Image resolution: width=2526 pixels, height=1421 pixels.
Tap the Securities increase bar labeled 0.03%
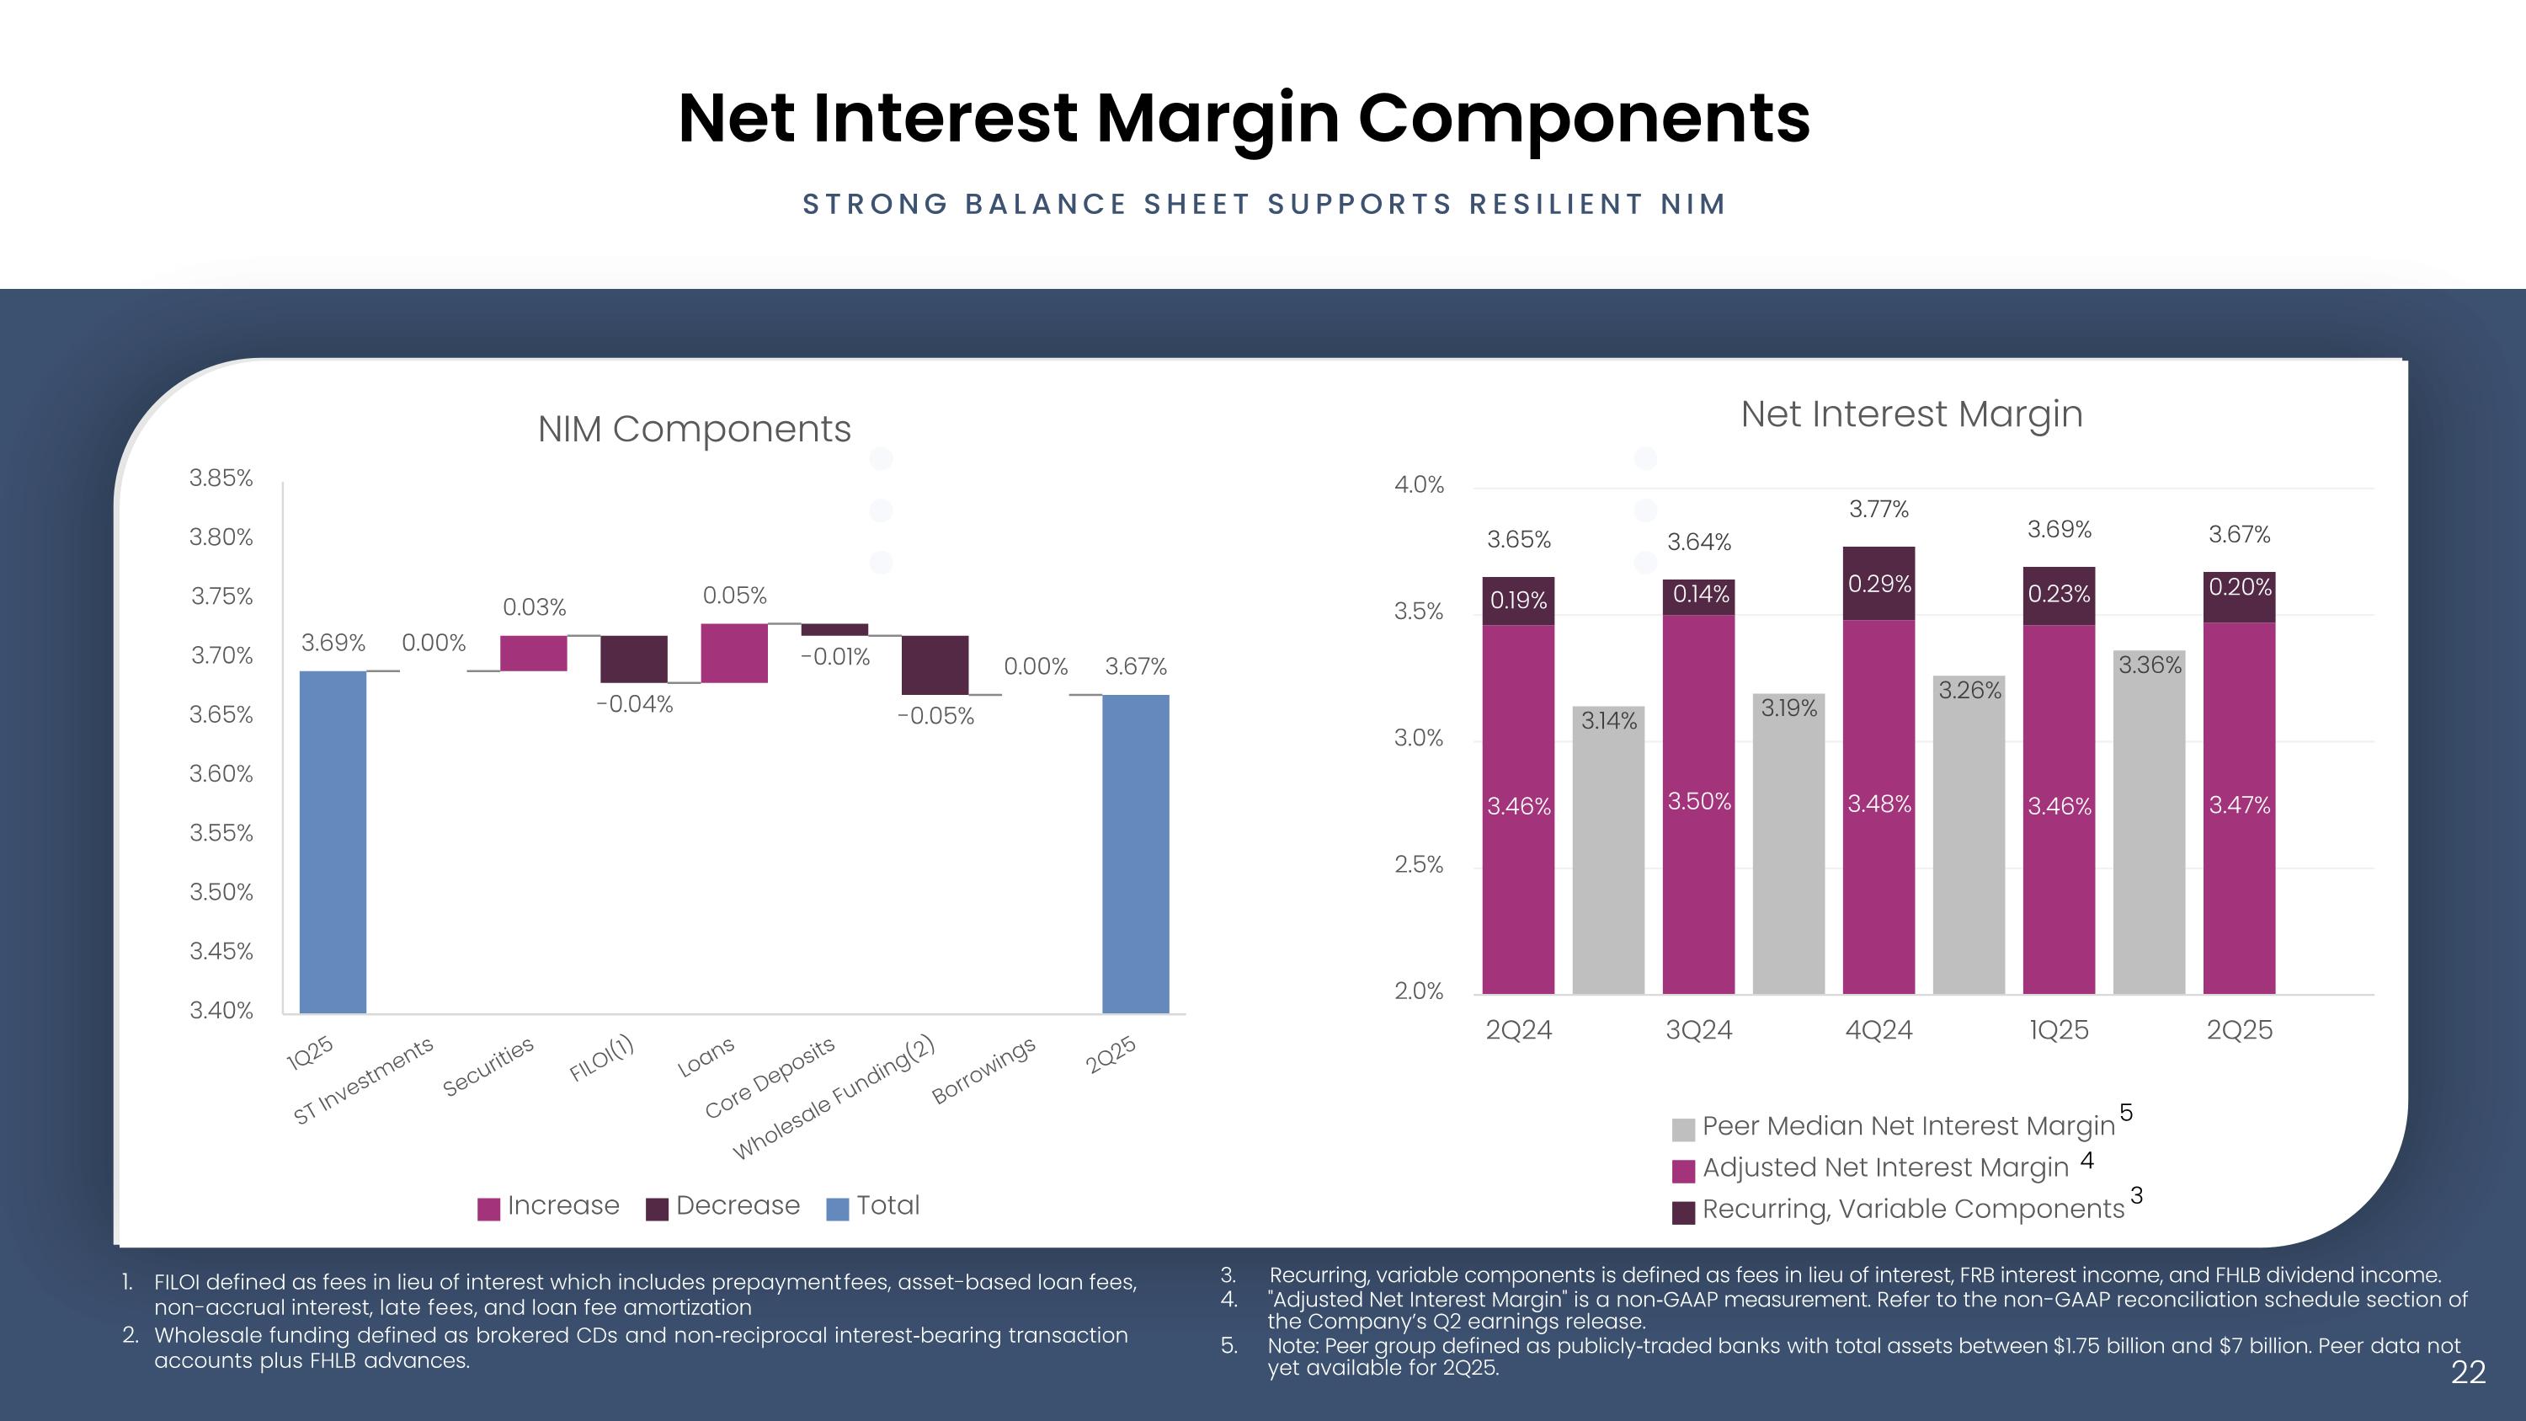[x=534, y=653]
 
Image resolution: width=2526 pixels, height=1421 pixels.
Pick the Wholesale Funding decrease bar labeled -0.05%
[x=935, y=665]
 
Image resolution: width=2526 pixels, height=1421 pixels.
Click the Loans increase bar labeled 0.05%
[x=733, y=653]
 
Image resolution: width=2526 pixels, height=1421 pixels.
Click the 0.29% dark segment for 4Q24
[x=1879, y=584]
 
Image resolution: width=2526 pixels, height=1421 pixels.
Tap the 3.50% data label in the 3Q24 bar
[x=1699, y=801]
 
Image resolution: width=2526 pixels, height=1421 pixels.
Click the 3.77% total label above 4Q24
[x=1879, y=509]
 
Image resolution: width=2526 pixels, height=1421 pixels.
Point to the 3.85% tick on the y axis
[x=221, y=478]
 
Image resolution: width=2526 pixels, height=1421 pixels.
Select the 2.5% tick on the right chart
[x=1418, y=864]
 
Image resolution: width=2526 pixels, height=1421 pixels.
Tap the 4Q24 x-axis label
[x=1879, y=1029]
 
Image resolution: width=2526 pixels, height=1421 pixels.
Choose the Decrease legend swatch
[x=657, y=1208]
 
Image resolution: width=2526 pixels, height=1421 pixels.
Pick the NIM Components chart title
[x=695, y=429]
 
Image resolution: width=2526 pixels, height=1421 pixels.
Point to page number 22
[x=2468, y=1372]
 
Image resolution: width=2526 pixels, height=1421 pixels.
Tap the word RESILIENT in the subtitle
[x=1555, y=204]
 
